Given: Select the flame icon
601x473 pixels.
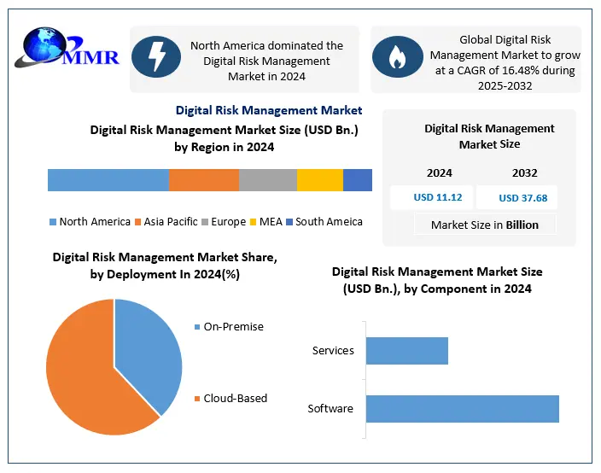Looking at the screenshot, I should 399,57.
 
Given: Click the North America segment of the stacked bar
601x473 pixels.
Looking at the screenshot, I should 108,180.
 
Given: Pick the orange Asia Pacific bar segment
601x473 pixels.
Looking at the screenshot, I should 203,180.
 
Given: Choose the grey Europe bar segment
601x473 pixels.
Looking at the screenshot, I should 268,180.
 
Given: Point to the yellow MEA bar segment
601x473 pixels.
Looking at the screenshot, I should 320,180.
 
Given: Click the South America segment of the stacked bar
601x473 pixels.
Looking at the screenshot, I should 358,180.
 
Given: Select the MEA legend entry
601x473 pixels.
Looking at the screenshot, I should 266,222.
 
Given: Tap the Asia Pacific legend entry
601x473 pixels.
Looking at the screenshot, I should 166,222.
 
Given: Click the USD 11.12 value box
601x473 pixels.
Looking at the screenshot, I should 438,197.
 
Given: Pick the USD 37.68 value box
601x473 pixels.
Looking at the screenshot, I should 522,198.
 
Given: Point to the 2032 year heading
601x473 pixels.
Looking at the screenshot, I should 524,173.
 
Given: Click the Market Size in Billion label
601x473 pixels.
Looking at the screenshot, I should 485,225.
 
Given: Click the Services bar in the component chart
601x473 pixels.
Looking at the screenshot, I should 406,351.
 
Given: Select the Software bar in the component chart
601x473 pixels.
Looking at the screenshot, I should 462,408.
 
